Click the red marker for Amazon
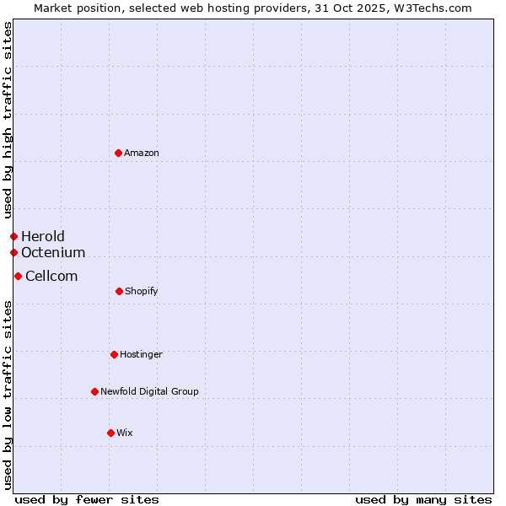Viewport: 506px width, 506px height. coord(118,153)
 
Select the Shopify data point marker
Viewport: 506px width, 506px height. coord(119,291)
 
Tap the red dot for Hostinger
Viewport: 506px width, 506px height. coord(114,354)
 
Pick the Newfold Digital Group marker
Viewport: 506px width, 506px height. coord(94,391)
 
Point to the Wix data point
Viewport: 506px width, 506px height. coord(110,433)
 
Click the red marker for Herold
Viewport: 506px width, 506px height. coord(13,236)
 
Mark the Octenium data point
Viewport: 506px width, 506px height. coord(13,252)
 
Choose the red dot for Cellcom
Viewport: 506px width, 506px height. coord(18,276)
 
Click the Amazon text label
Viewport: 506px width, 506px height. coord(142,153)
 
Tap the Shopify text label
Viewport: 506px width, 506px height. coord(142,292)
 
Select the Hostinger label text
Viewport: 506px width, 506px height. coord(141,355)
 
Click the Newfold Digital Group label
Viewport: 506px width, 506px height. coord(150,392)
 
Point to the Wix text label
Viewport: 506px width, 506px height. coord(125,433)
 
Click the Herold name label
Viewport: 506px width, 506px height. coord(43,236)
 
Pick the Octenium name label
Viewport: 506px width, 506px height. coord(53,252)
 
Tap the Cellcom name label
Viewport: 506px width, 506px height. coord(51,276)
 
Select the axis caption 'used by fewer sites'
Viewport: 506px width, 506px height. coord(87,499)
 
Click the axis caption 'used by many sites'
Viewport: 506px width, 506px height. coord(423,499)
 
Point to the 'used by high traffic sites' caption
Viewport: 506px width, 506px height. coord(8,120)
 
